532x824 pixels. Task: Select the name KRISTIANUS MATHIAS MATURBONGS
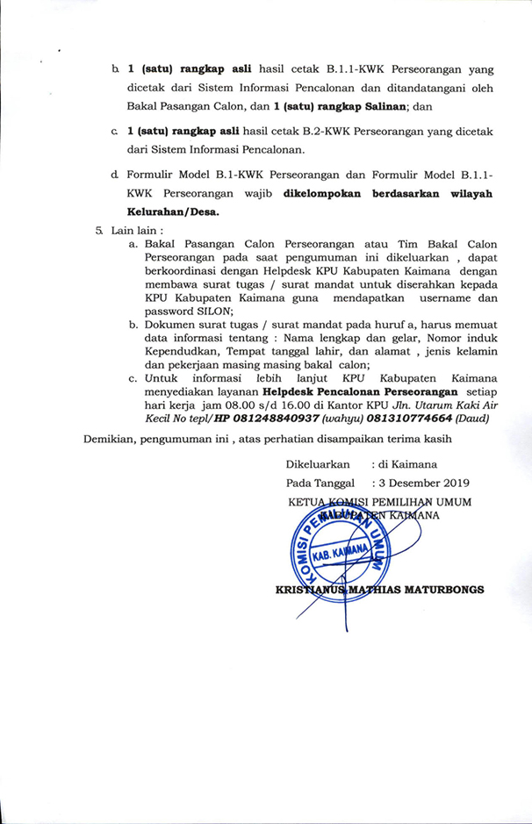pos(379,590)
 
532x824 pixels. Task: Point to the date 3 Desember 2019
pos(424,482)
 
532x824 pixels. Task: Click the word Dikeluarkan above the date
pos(318,463)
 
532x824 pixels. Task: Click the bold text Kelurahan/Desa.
pos(173,211)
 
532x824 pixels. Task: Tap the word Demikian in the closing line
pos(111,438)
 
